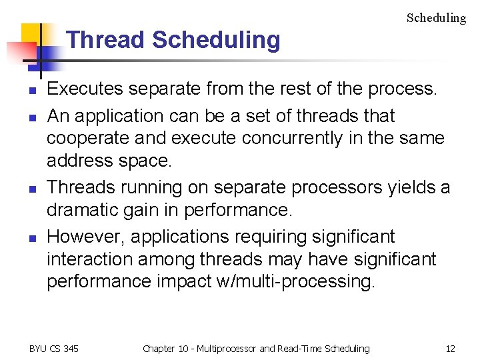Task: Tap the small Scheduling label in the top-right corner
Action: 436,18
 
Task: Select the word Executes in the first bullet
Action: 87,89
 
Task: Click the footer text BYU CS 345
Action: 54,348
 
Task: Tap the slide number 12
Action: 450,348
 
